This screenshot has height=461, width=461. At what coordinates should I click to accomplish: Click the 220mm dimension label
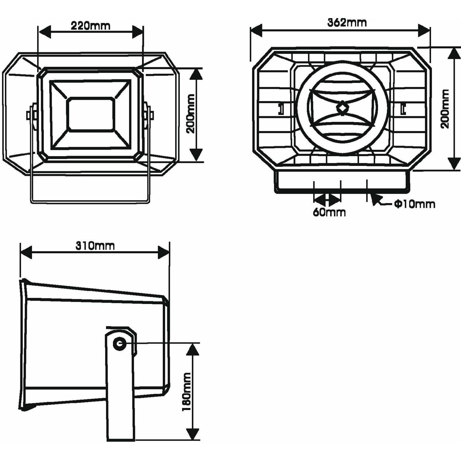pyautogui.click(x=91, y=26)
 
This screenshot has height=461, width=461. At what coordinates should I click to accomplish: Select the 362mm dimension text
pyautogui.click(x=347, y=22)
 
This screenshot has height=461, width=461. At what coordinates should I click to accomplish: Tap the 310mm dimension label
pyautogui.click(x=95, y=246)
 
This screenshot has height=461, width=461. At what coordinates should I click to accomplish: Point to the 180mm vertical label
pyautogui.click(x=187, y=392)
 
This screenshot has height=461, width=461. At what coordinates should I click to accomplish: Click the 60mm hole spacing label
pyautogui.click(x=329, y=212)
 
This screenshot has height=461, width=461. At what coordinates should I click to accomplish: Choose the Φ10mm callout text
pyautogui.click(x=415, y=204)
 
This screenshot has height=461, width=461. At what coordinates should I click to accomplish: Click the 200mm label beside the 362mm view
pyautogui.click(x=445, y=109)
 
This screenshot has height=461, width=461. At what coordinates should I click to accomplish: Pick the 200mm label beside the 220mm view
pyautogui.click(x=191, y=114)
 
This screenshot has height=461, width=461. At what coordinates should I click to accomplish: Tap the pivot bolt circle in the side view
pyautogui.click(x=119, y=344)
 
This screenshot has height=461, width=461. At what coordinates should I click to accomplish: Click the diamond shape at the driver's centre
pyautogui.click(x=342, y=108)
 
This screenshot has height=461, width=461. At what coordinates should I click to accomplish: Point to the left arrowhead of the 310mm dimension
pyautogui.click(x=26, y=252)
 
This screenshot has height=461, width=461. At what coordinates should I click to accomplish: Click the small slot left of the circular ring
pyautogui.click(x=281, y=109)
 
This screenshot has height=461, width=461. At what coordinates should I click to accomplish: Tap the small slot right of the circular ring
pyautogui.click(x=403, y=109)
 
